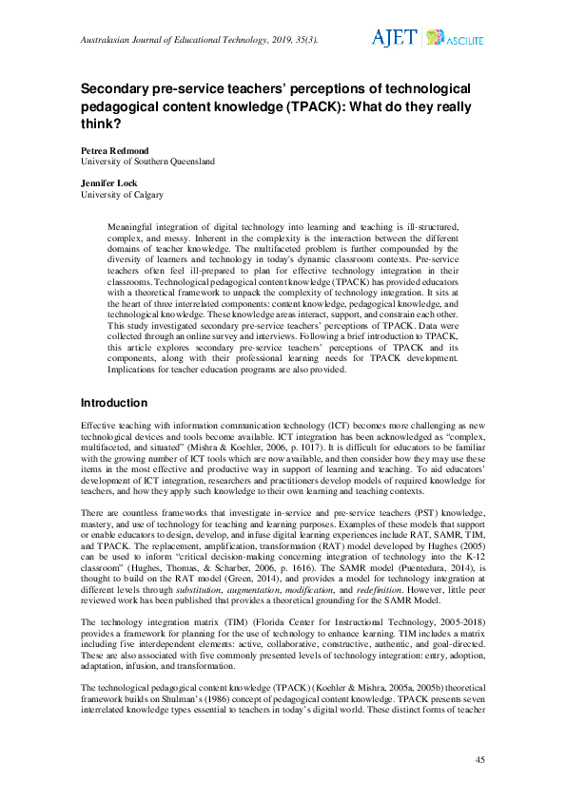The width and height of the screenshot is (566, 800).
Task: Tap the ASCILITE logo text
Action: (x=465, y=40)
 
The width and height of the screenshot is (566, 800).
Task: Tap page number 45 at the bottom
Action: (x=479, y=760)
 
